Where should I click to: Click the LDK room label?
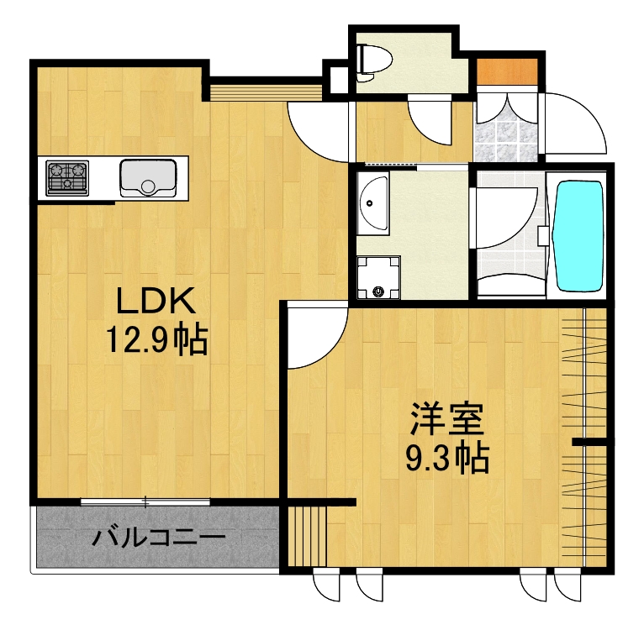point(156,301)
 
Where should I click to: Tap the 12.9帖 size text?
point(156,339)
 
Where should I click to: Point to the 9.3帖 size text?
point(447,458)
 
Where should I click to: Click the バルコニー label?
point(158,536)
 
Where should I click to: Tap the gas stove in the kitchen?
point(66,177)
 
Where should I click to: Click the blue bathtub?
point(580,236)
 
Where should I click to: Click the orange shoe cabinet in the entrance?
point(507,72)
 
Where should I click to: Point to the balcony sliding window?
point(145,502)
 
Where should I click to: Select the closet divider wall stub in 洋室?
point(590,440)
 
